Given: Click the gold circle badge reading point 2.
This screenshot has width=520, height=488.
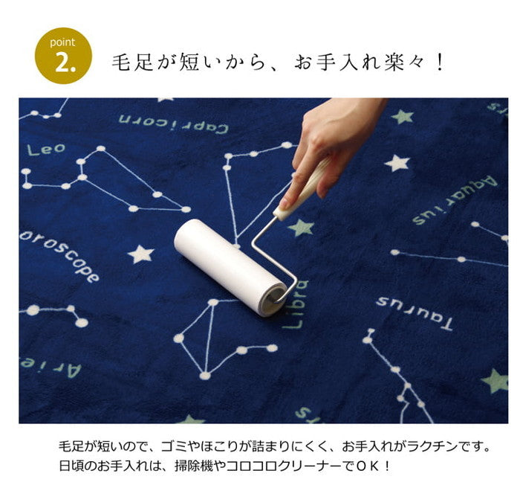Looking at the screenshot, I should pyautogui.click(x=63, y=56).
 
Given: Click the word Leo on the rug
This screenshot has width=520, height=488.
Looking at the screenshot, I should pyautogui.click(x=46, y=150).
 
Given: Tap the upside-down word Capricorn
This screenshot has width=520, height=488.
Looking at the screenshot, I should pyautogui.click(x=173, y=123).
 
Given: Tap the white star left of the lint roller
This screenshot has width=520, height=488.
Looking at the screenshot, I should pyautogui.click(x=140, y=254).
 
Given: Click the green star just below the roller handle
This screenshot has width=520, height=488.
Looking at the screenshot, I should pyautogui.click(x=301, y=228).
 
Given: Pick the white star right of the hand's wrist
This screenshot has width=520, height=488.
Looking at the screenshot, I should pyautogui.click(x=397, y=162).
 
